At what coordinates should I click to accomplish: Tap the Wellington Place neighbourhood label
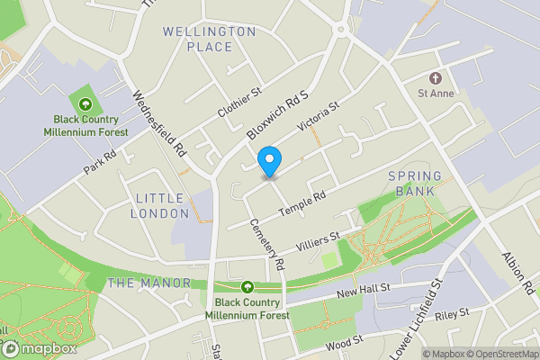coord(210,39)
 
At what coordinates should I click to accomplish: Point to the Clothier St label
coord(238,103)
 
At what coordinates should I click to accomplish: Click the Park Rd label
coord(102,162)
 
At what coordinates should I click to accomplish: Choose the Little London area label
coord(159,205)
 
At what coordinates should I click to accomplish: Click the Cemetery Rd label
coord(267,245)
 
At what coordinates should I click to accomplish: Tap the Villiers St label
coord(319,240)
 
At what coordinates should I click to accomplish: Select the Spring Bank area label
coord(414,183)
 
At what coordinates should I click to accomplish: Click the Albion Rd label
coord(519,274)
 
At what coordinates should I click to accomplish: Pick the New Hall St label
coord(363,292)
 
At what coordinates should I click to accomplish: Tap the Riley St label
coord(453,314)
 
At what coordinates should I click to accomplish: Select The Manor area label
coord(149,283)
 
